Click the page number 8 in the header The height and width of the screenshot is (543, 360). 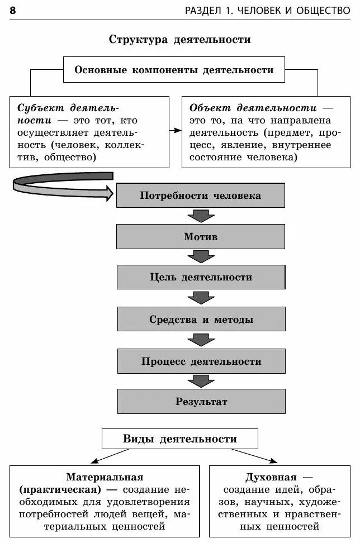[x=13, y=11]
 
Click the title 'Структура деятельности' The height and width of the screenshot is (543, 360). [x=179, y=40]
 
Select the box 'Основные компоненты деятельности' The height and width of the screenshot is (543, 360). [x=174, y=70]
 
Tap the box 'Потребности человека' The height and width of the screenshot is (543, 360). [x=200, y=196]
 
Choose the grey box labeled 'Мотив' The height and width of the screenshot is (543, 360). [x=200, y=236]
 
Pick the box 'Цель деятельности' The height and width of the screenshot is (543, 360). [x=201, y=277]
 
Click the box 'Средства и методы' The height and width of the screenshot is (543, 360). [x=201, y=320]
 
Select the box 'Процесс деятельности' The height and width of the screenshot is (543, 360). [x=201, y=361]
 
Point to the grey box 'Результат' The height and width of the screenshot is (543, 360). [x=201, y=401]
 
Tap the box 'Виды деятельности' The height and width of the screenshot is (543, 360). [x=179, y=439]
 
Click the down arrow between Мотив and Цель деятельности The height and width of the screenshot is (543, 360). [x=201, y=256]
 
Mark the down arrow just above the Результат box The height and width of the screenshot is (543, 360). [x=201, y=381]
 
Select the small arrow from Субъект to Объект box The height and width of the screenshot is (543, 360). [x=176, y=130]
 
